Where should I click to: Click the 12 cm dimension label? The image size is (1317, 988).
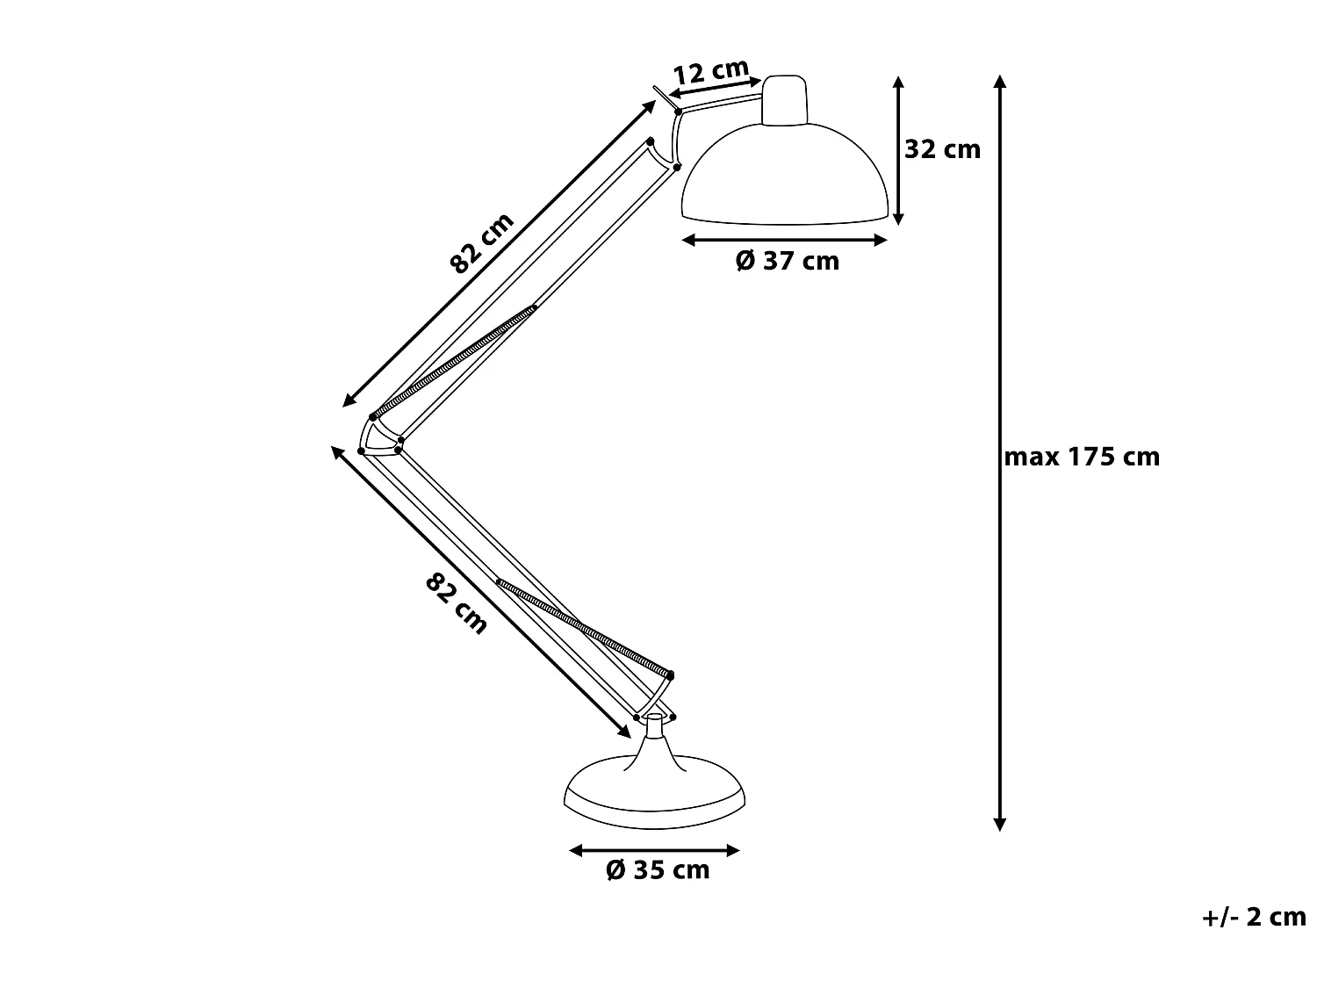pos(711,71)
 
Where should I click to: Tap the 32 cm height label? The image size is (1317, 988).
pos(942,149)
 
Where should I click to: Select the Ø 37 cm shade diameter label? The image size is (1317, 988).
pos(787,261)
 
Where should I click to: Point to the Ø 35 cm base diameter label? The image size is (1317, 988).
pos(658,870)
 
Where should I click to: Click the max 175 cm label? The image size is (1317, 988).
pos(1082,457)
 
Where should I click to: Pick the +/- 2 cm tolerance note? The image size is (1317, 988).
pos(1254,917)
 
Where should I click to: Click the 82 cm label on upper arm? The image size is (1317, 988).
pos(481,243)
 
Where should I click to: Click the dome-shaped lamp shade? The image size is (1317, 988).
pos(786,176)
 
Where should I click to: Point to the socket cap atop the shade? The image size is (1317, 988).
pos(784,99)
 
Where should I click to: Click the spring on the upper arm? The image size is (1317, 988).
pos(455,361)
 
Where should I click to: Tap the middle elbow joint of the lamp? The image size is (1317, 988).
pos(379,436)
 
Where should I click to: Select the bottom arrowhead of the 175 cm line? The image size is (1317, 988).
pos(999,824)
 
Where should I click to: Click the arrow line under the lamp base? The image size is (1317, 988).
pos(654,850)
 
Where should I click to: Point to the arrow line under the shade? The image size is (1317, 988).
pos(786,240)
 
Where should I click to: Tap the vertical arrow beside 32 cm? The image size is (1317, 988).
pos(897,149)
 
